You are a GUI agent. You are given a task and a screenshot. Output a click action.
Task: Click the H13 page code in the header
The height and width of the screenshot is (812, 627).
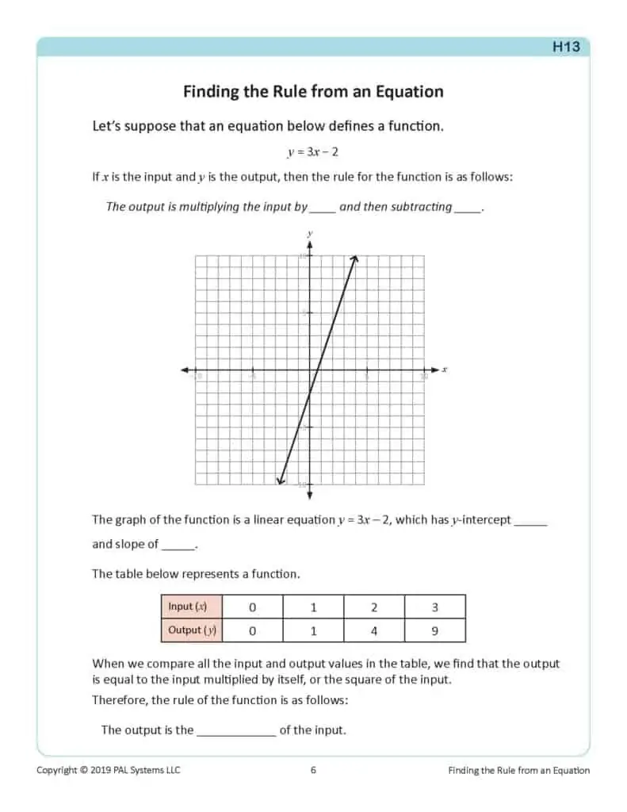[x=565, y=47]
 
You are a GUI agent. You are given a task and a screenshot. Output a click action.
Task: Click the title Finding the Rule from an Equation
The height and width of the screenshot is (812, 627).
[x=313, y=92]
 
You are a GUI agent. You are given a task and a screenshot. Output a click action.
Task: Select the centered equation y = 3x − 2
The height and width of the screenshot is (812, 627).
[x=312, y=152]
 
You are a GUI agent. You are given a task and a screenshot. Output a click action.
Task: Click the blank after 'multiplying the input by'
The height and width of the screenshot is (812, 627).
[x=323, y=208]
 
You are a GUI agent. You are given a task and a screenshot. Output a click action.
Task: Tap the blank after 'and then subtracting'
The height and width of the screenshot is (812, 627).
[x=468, y=208]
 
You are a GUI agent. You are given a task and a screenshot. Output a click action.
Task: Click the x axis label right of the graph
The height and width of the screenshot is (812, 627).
[x=445, y=370]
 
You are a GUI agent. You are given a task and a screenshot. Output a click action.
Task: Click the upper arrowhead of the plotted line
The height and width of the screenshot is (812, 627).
[x=355, y=258]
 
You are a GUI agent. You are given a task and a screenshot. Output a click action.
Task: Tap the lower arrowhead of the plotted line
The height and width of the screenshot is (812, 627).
[x=279, y=479]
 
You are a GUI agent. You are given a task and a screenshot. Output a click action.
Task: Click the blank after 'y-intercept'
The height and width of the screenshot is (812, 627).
[x=530, y=522]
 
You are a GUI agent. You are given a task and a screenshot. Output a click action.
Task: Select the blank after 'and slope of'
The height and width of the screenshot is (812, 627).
[x=178, y=546]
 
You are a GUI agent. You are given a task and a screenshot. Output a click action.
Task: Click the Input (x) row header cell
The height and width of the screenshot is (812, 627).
[x=191, y=607]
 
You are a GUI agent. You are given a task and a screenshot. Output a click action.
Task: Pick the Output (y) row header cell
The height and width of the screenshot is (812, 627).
[x=191, y=630]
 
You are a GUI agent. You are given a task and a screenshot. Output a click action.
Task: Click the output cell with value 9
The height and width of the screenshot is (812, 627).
[x=434, y=631]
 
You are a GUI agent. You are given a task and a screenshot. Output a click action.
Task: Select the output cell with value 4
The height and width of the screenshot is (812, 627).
[x=373, y=631]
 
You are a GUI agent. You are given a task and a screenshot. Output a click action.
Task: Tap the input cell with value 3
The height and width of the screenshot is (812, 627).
[x=434, y=607]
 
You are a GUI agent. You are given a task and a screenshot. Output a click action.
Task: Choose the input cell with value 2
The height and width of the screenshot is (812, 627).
[x=373, y=607]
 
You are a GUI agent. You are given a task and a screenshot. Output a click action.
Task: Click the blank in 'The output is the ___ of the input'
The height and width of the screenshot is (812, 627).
[x=235, y=731]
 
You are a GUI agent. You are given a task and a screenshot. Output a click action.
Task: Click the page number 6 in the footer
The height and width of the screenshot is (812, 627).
[x=313, y=770]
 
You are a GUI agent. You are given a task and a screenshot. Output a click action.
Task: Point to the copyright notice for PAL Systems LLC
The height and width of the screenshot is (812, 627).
[x=109, y=770]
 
